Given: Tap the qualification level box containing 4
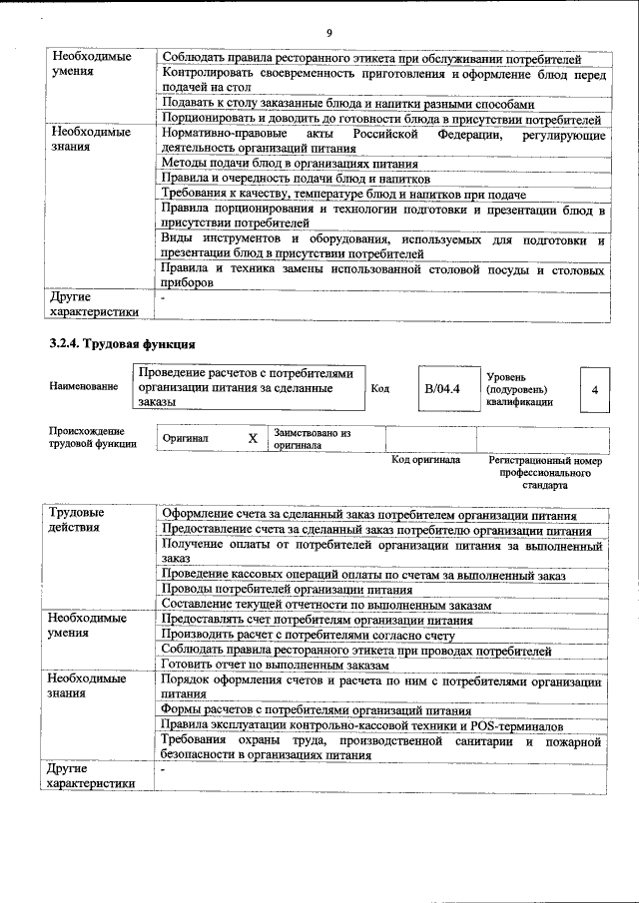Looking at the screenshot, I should (595, 390).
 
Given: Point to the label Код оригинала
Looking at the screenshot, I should (425, 460).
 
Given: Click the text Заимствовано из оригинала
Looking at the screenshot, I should (312, 440).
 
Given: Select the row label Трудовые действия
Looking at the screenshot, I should (76, 520).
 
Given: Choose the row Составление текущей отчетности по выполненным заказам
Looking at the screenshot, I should (326, 606).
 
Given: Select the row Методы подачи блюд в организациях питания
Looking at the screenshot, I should (289, 164).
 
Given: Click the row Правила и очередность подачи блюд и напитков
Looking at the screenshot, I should (288, 179).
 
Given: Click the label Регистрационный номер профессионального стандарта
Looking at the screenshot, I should (545, 473).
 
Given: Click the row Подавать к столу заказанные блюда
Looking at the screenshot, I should (347, 104).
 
